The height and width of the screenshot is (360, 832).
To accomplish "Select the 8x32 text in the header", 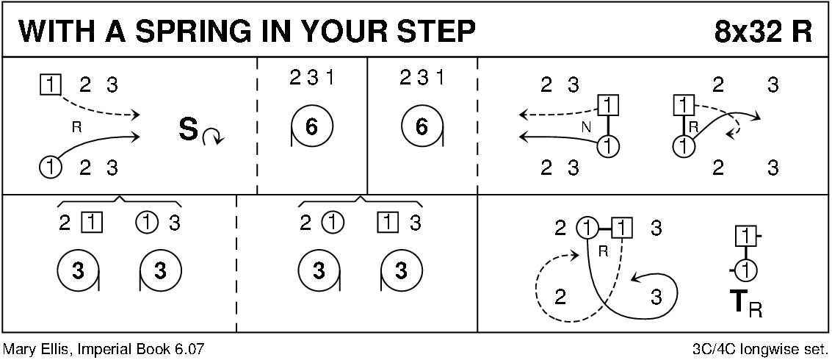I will pyautogui.click(x=747, y=31).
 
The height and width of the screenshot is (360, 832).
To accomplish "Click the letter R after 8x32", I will pyautogui.click(x=801, y=31).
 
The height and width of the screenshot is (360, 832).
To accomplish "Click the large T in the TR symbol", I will pyautogui.click(x=738, y=301).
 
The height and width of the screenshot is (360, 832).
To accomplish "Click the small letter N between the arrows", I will pyautogui.click(x=585, y=127).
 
